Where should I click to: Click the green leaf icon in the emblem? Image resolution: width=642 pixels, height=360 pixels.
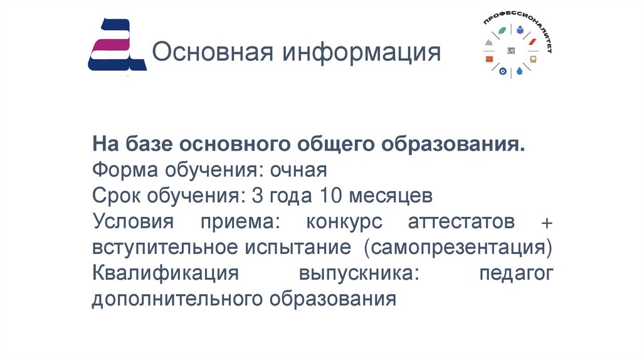coord(502,30)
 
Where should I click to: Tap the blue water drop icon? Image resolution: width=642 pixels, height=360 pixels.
coord(518,72)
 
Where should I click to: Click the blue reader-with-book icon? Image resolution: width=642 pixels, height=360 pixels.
coord(520,29)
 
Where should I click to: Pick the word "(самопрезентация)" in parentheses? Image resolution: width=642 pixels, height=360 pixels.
coord(455,248)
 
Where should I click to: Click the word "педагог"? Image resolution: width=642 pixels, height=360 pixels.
coord(515,273)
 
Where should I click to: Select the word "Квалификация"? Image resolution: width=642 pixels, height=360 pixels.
coord(166,273)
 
